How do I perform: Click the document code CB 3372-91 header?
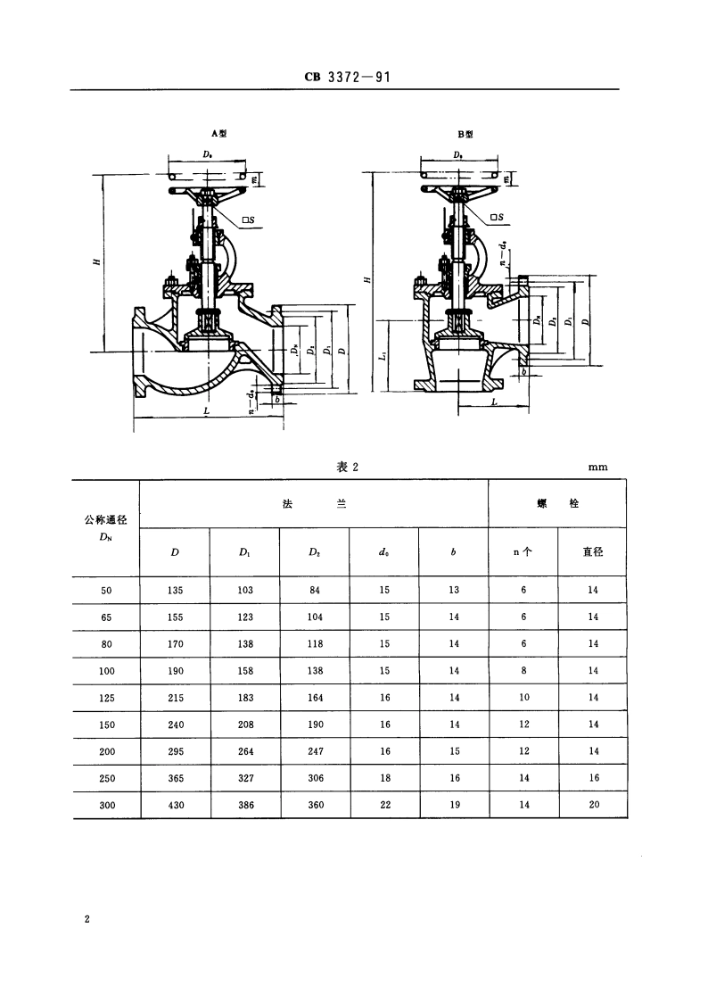point(348,78)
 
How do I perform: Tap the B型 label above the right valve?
point(465,134)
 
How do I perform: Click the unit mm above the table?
point(597,467)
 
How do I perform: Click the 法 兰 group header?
point(314,504)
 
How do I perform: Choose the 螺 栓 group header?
point(558,504)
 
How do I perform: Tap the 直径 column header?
point(593,552)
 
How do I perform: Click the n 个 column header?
point(523,552)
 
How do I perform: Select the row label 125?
point(105,698)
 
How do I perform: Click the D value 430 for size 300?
point(176,805)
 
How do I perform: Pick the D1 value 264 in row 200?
point(245,751)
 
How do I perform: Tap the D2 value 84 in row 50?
point(315,591)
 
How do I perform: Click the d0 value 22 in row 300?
point(385,805)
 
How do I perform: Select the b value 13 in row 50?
point(455,591)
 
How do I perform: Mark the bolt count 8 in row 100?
point(523,671)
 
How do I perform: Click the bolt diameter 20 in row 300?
point(593,805)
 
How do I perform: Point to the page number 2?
point(86,919)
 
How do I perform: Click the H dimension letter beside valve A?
point(95,261)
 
